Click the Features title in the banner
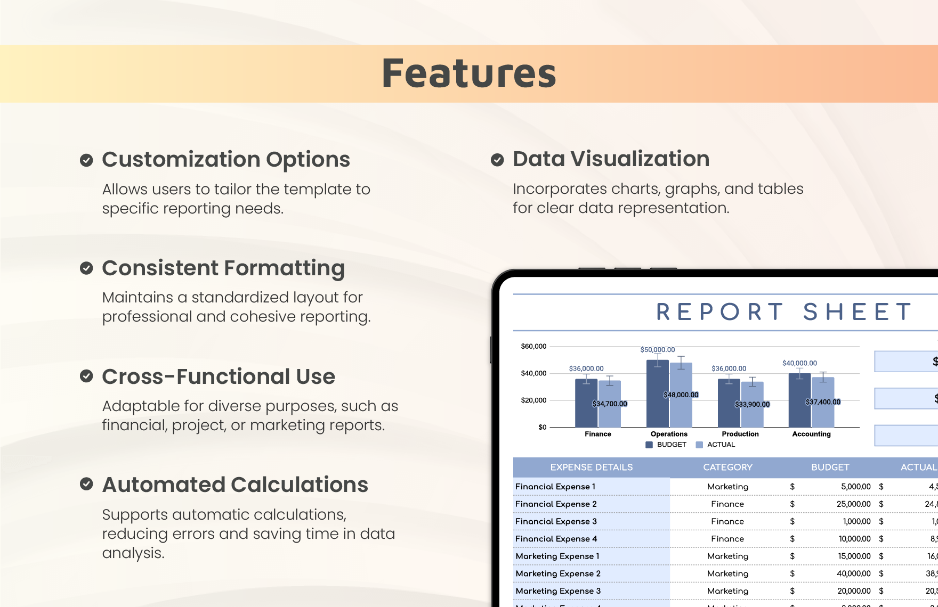pos(468,73)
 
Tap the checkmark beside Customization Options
pos(86,160)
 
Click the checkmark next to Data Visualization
pos(497,160)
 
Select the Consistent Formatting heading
pos(223,268)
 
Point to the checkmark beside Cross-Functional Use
pos(86,376)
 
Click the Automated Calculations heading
pos(235,485)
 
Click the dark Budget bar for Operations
pos(657,394)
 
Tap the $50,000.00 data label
pos(658,350)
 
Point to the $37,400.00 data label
pos(823,402)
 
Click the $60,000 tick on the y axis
pos(533,347)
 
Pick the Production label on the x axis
pos(740,434)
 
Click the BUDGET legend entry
pos(667,445)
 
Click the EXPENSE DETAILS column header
pos(592,467)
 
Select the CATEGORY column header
pos(727,467)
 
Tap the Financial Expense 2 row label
pos(556,504)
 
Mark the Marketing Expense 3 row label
pos(558,591)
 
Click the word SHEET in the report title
pos(858,312)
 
